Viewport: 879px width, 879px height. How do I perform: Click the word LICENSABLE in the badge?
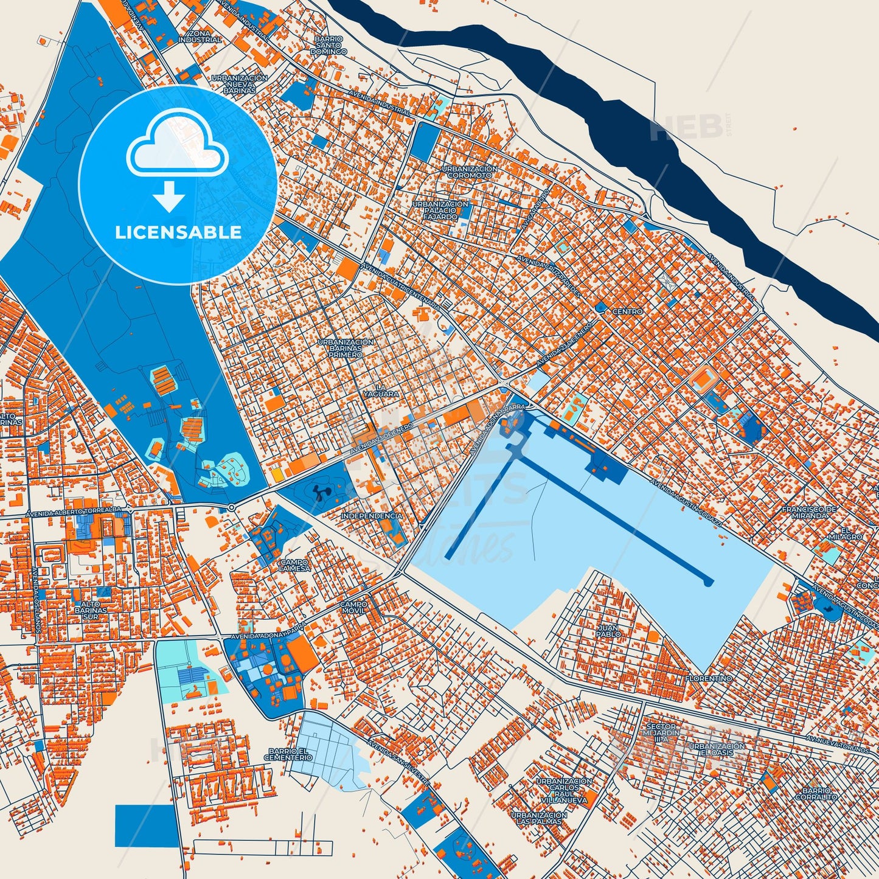tap(178, 232)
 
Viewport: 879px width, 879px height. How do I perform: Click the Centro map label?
tap(627, 311)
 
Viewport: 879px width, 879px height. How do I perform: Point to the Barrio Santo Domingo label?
tap(328, 46)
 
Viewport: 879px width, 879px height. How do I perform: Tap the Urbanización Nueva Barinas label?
tap(239, 84)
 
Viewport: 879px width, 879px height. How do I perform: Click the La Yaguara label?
tap(381, 391)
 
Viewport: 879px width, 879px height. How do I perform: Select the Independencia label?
tap(372, 516)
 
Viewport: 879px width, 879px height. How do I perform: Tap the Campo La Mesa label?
tap(294, 566)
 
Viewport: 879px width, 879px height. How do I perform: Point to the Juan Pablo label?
tap(608, 631)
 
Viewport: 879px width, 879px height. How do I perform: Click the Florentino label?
tap(709, 678)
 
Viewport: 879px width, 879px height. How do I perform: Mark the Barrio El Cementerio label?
tap(288, 754)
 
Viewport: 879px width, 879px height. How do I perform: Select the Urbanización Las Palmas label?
tap(539, 818)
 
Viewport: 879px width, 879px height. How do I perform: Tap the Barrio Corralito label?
tap(816, 794)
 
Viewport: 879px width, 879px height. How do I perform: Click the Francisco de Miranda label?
tap(809, 512)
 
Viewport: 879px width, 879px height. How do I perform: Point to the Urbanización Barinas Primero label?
tap(346, 348)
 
